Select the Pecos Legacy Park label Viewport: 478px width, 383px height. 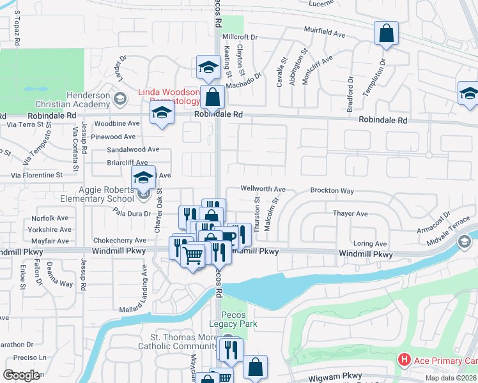(x=239, y=319)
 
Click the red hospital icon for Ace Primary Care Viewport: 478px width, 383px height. (x=404, y=361)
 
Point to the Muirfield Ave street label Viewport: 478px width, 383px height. (x=328, y=30)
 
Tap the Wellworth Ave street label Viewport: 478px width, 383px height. (x=263, y=190)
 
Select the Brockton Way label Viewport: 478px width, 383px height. (x=332, y=191)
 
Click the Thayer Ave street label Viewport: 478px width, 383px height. (x=350, y=214)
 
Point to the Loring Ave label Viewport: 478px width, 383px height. (x=371, y=244)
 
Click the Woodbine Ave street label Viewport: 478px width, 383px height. (x=116, y=123)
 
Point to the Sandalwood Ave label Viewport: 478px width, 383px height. (x=133, y=149)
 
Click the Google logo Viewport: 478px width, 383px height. (x=21, y=375)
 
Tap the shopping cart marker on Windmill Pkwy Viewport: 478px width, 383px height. (x=193, y=255)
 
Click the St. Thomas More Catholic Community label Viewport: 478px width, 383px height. (x=174, y=342)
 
